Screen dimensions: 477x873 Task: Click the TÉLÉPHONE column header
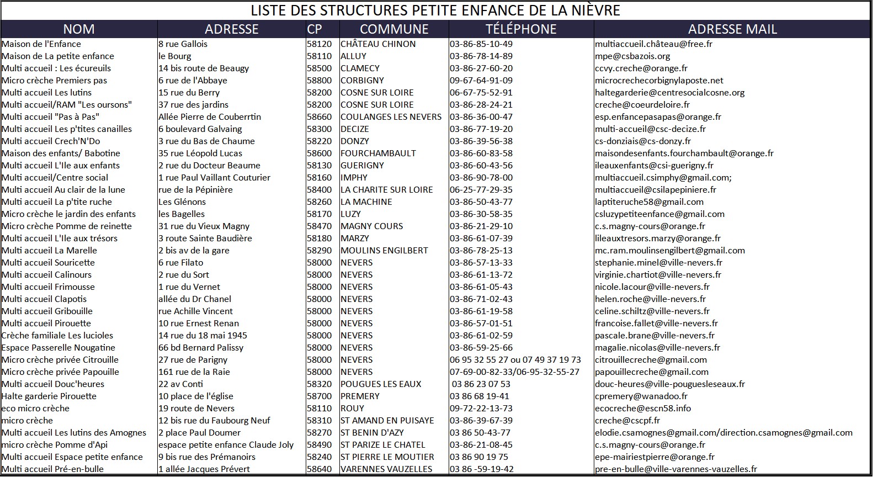pyautogui.click(x=521, y=29)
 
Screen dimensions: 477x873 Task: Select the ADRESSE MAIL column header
pyautogui.click(x=732, y=29)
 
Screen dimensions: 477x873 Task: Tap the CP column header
pyautogui.click(x=315, y=29)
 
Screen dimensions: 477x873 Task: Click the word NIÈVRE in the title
pyautogui.click(x=591, y=10)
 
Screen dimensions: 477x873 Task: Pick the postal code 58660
pyautogui.click(x=320, y=117)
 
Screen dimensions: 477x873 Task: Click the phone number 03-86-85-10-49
pyautogui.click(x=481, y=44)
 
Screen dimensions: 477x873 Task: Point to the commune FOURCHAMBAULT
pyautogui.click(x=378, y=153)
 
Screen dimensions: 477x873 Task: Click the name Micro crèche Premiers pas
pyautogui.click(x=55, y=81)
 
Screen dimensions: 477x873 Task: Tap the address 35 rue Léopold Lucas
pyautogui.click(x=200, y=153)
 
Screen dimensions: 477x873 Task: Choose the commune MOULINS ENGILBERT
pyautogui.click(x=384, y=251)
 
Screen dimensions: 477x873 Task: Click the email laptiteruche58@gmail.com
pyautogui.click(x=649, y=202)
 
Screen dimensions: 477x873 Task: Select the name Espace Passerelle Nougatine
pyautogui.click(x=58, y=348)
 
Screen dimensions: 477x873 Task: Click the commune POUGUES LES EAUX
pyautogui.click(x=381, y=384)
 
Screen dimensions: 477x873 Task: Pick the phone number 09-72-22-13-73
pyautogui.click(x=481, y=409)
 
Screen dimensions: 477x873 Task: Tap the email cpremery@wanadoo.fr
pyautogui.click(x=641, y=396)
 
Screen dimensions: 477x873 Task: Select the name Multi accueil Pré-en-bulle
pyautogui.click(x=53, y=469)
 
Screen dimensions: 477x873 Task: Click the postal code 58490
pyautogui.click(x=320, y=445)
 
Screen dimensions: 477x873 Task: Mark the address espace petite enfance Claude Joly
pyautogui.click(x=226, y=445)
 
